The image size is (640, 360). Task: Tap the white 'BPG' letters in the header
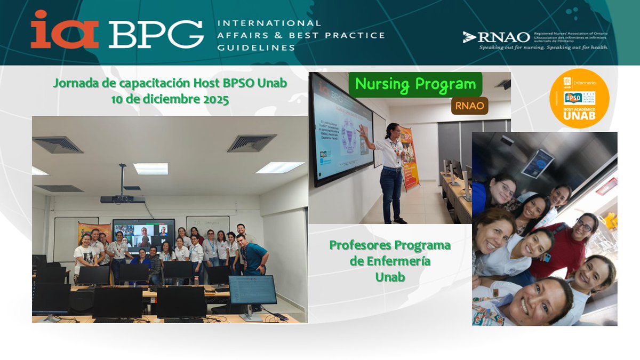(156, 34)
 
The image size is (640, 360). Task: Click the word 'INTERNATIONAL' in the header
(269, 23)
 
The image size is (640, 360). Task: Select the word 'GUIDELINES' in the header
(255, 47)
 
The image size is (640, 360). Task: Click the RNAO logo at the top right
(497, 37)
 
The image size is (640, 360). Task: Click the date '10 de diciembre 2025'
(170, 99)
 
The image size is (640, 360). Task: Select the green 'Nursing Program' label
(415, 84)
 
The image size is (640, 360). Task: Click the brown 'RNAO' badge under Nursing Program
(469, 106)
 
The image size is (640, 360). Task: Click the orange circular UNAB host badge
(579, 98)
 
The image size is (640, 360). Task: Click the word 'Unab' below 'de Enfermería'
(389, 277)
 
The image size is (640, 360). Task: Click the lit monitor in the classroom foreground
(252, 291)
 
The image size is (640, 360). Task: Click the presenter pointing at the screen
(389, 171)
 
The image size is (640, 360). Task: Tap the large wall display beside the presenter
(342, 130)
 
